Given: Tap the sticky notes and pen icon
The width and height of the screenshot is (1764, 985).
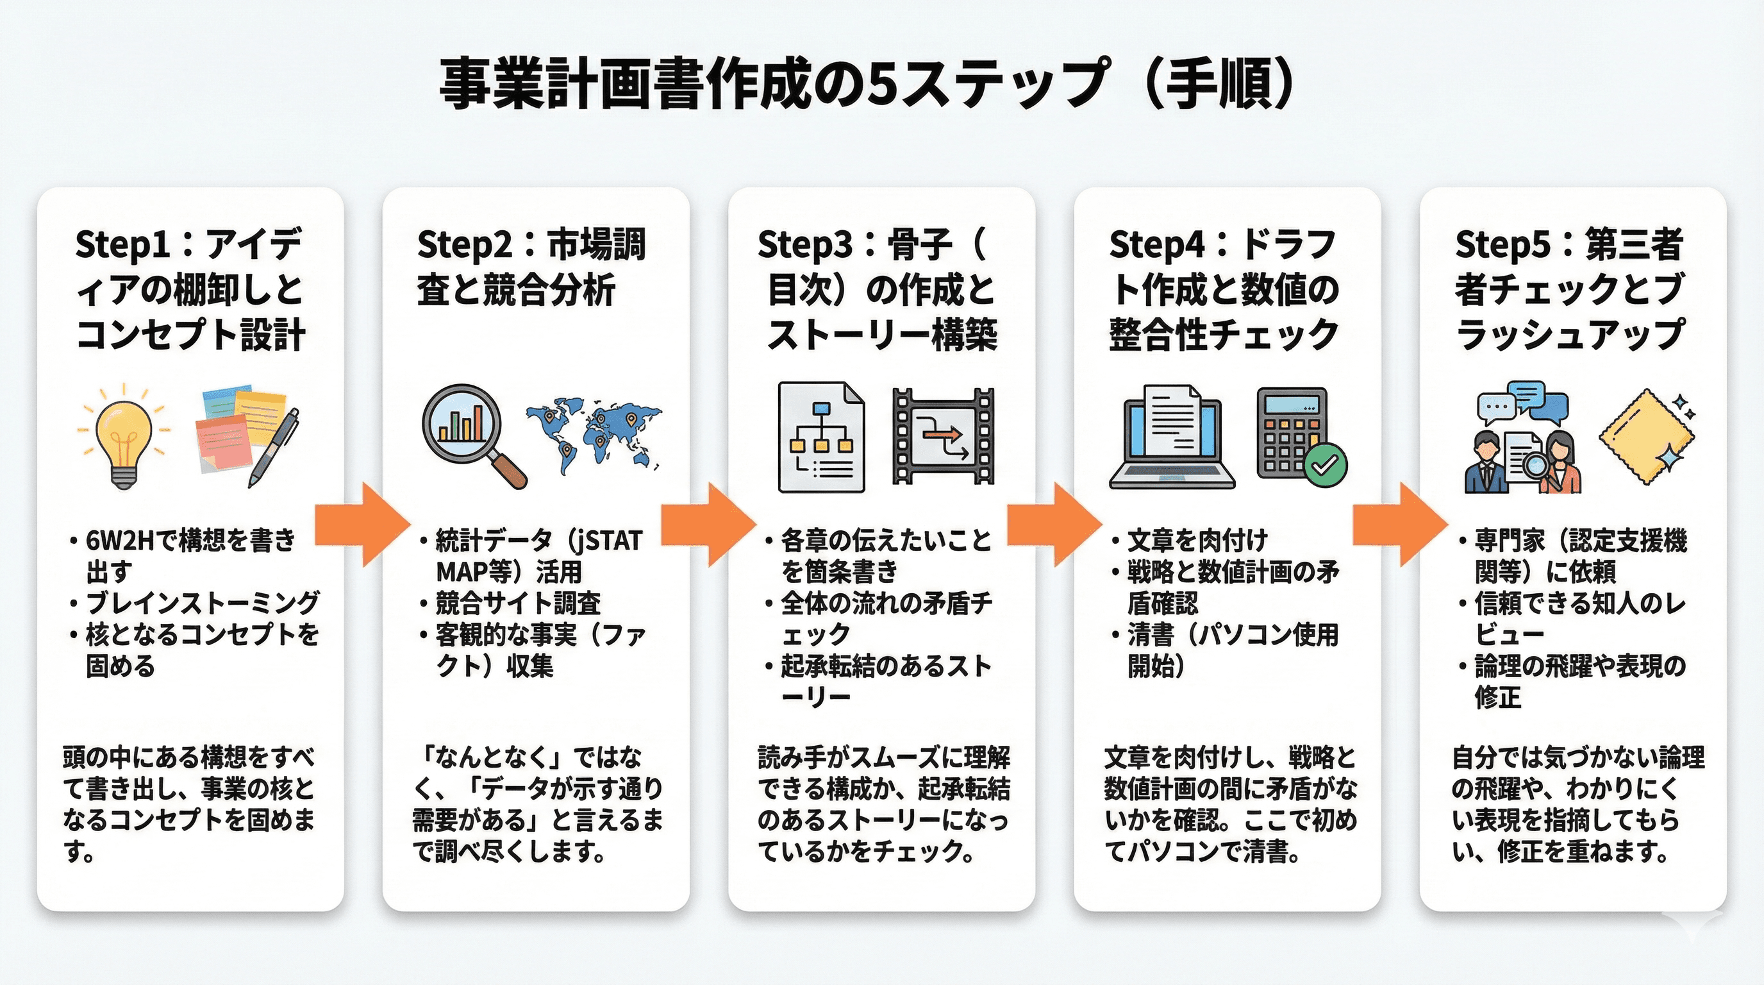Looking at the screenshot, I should tap(247, 435).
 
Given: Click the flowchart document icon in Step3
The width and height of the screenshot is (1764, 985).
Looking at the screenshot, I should tap(821, 437).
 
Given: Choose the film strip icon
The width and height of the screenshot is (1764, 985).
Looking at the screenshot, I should tap(943, 436).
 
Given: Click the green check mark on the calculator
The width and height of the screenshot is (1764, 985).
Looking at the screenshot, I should tap(1325, 465).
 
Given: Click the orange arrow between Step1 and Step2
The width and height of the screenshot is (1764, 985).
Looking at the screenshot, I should tap(362, 524).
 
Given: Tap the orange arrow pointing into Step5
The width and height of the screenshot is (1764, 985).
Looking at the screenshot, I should tap(1399, 524).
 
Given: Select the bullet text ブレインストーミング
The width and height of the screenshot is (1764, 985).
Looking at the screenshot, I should tap(203, 603).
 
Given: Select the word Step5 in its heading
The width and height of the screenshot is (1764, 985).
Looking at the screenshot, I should tap(1502, 244).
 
